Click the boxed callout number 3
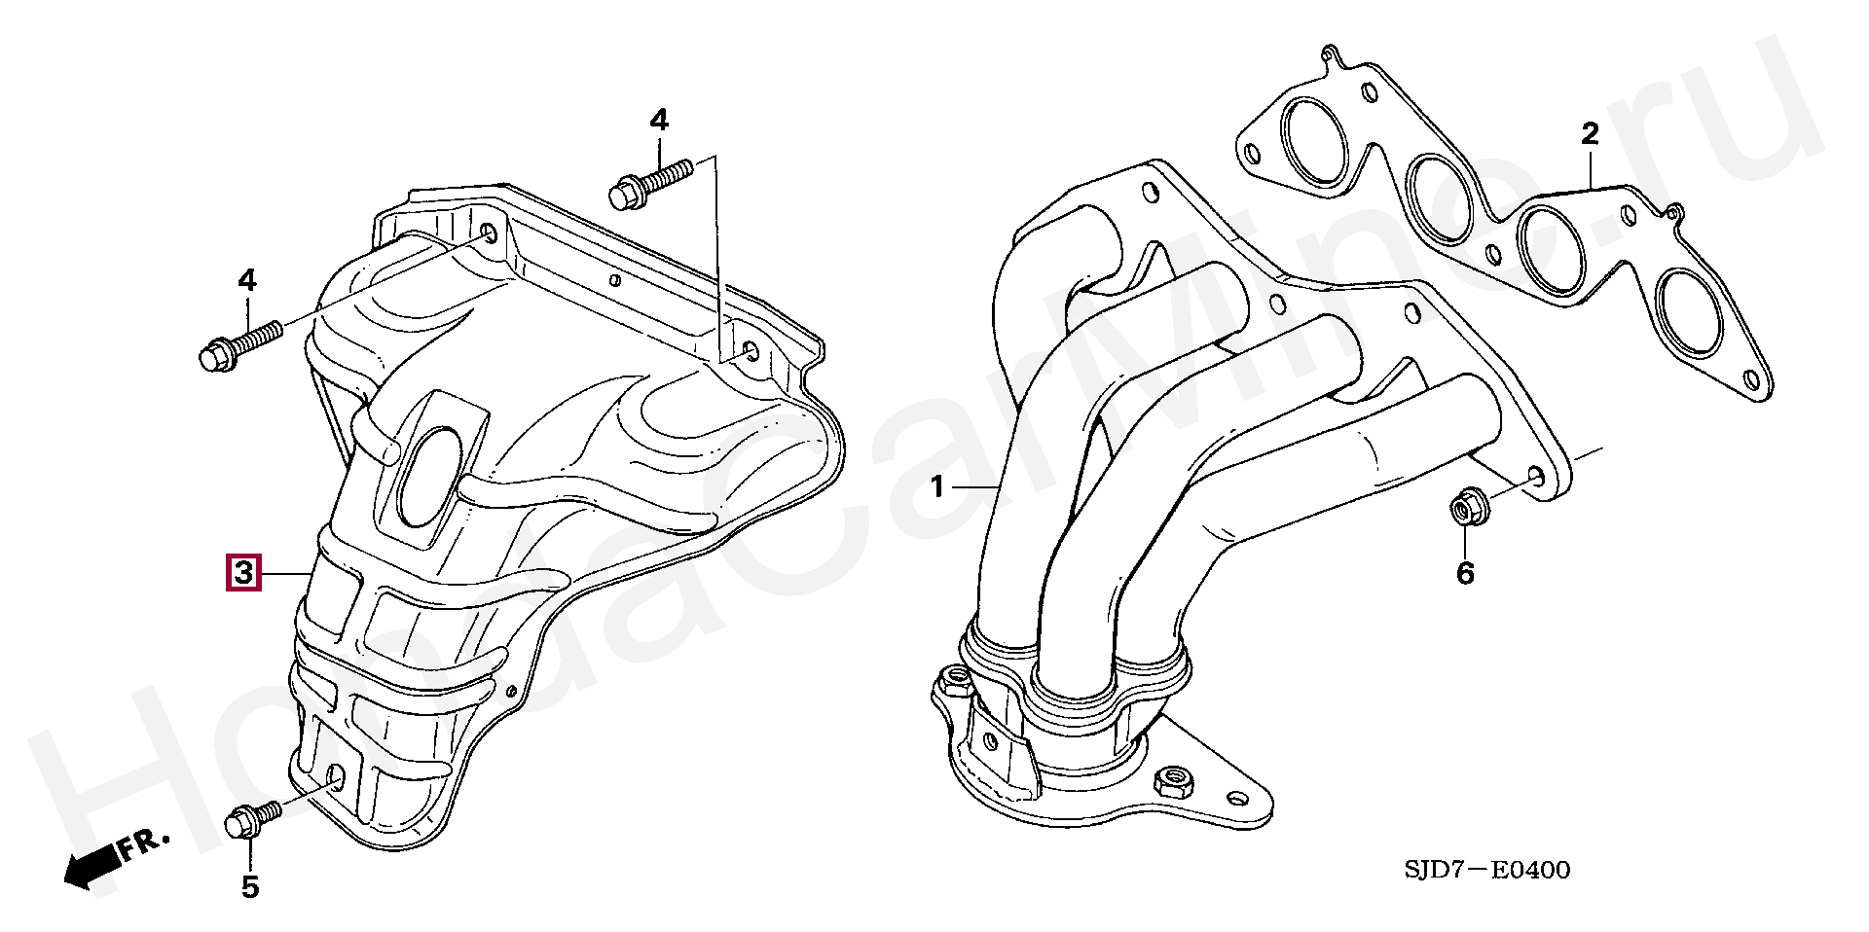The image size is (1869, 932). pyautogui.click(x=242, y=573)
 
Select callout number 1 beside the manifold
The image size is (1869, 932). pyautogui.click(x=937, y=486)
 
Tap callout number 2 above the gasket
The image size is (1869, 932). pyautogui.click(x=1590, y=134)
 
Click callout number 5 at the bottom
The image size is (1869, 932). pyautogui.click(x=250, y=886)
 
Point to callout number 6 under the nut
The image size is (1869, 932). pyautogui.click(x=1465, y=574)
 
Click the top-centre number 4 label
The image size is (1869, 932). pyautogui.click(x=659, y=121)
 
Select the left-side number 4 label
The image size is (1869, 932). pyautogui.click(x=247, y=281)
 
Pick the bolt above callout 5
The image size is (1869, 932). pyautogui.click(x=252, y=819)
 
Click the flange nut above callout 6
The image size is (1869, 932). pyautogui.click(x=1463, y=509)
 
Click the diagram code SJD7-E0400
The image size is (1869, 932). pyautogui.click(x=1486, y=870)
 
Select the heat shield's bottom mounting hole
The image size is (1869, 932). pyautogui.click(x=336, y=777)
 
